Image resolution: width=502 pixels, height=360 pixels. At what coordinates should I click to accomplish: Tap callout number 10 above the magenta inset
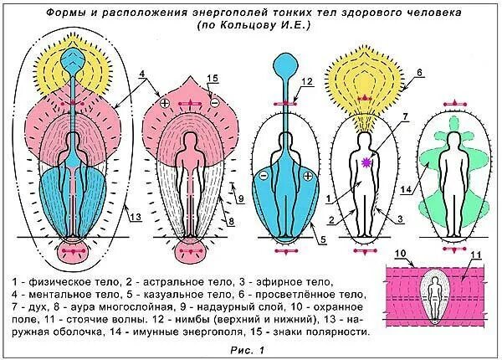point(400,252)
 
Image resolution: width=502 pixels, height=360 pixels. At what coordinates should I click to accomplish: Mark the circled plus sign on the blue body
point(309,176)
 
